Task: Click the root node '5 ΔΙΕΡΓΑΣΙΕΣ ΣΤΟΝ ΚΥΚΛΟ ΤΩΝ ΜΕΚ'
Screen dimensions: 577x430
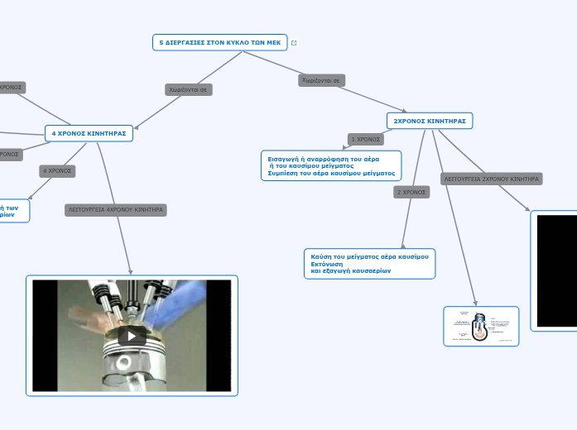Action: [x=219, y=42]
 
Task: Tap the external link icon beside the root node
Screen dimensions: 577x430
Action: [x=294, y=43]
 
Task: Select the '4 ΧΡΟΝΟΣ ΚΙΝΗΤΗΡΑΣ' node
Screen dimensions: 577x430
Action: [x=89, y=133]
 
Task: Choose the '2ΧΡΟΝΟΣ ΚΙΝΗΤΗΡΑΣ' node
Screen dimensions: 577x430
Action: [x=430, y=121]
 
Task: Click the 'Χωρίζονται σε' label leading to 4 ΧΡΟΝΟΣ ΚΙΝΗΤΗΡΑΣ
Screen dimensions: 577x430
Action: [x=189, y=89]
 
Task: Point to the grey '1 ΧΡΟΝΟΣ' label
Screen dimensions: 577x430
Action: [x=365, y=139]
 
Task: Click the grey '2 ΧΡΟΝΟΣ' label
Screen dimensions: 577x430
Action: [x=411, y=192]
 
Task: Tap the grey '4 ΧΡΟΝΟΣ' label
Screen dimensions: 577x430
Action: [x=57, y=171]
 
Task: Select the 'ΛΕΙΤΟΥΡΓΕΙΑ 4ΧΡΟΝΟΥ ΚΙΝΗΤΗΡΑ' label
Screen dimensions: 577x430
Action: [x=116, y=210]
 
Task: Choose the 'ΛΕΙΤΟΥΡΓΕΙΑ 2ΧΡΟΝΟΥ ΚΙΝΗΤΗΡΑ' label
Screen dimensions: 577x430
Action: [x=492, y=179]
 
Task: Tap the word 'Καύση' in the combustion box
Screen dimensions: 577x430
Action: [x=320, y=257]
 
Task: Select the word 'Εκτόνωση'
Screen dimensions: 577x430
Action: [x=326, y=264]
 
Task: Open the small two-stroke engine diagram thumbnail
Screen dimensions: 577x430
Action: [x=481, y=326]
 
